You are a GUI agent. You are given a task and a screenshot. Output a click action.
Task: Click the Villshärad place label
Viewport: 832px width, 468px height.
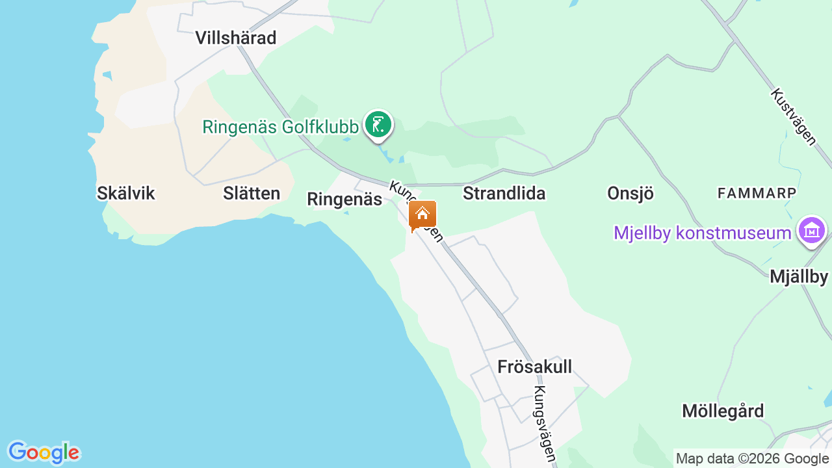point(236,38)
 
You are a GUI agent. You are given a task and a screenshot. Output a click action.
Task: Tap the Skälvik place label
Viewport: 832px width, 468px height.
point(126,193)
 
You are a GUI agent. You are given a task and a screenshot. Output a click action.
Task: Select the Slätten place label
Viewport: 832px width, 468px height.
point(252,193)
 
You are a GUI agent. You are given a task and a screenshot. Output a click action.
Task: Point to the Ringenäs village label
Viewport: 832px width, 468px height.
point(344,200)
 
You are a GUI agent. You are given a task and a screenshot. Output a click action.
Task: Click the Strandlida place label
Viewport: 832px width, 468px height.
point(504,193)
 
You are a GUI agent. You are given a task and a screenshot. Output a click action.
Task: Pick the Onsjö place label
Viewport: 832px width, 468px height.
point(630,193)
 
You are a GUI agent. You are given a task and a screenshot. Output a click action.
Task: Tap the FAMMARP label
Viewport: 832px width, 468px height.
point(757,193)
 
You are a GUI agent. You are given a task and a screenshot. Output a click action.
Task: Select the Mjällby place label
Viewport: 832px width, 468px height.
point(799,276)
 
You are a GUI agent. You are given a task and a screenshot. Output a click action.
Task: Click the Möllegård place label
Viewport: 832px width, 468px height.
point(723,411)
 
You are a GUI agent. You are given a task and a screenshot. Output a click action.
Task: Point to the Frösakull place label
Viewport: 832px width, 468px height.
point(535,367)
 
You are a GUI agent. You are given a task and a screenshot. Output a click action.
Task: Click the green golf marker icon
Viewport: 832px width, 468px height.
point(378,123)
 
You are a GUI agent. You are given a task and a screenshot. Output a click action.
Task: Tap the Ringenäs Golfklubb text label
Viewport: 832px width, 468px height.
point(280,127)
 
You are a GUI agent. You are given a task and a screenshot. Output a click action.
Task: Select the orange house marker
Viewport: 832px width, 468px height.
point(422,214)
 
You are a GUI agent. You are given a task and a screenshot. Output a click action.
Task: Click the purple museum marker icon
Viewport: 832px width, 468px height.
point(812,230)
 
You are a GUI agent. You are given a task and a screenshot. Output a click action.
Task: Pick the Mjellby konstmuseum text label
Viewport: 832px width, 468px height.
point(703,233)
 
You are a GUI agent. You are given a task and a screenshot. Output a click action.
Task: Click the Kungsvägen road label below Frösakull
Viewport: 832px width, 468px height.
point(545,424)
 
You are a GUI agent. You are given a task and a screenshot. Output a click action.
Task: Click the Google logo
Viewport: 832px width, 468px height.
point(44,452)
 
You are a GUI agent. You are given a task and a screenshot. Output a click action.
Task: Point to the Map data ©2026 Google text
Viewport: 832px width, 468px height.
point(752,459)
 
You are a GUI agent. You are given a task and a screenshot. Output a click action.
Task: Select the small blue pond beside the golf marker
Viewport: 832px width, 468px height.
point(388,157)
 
